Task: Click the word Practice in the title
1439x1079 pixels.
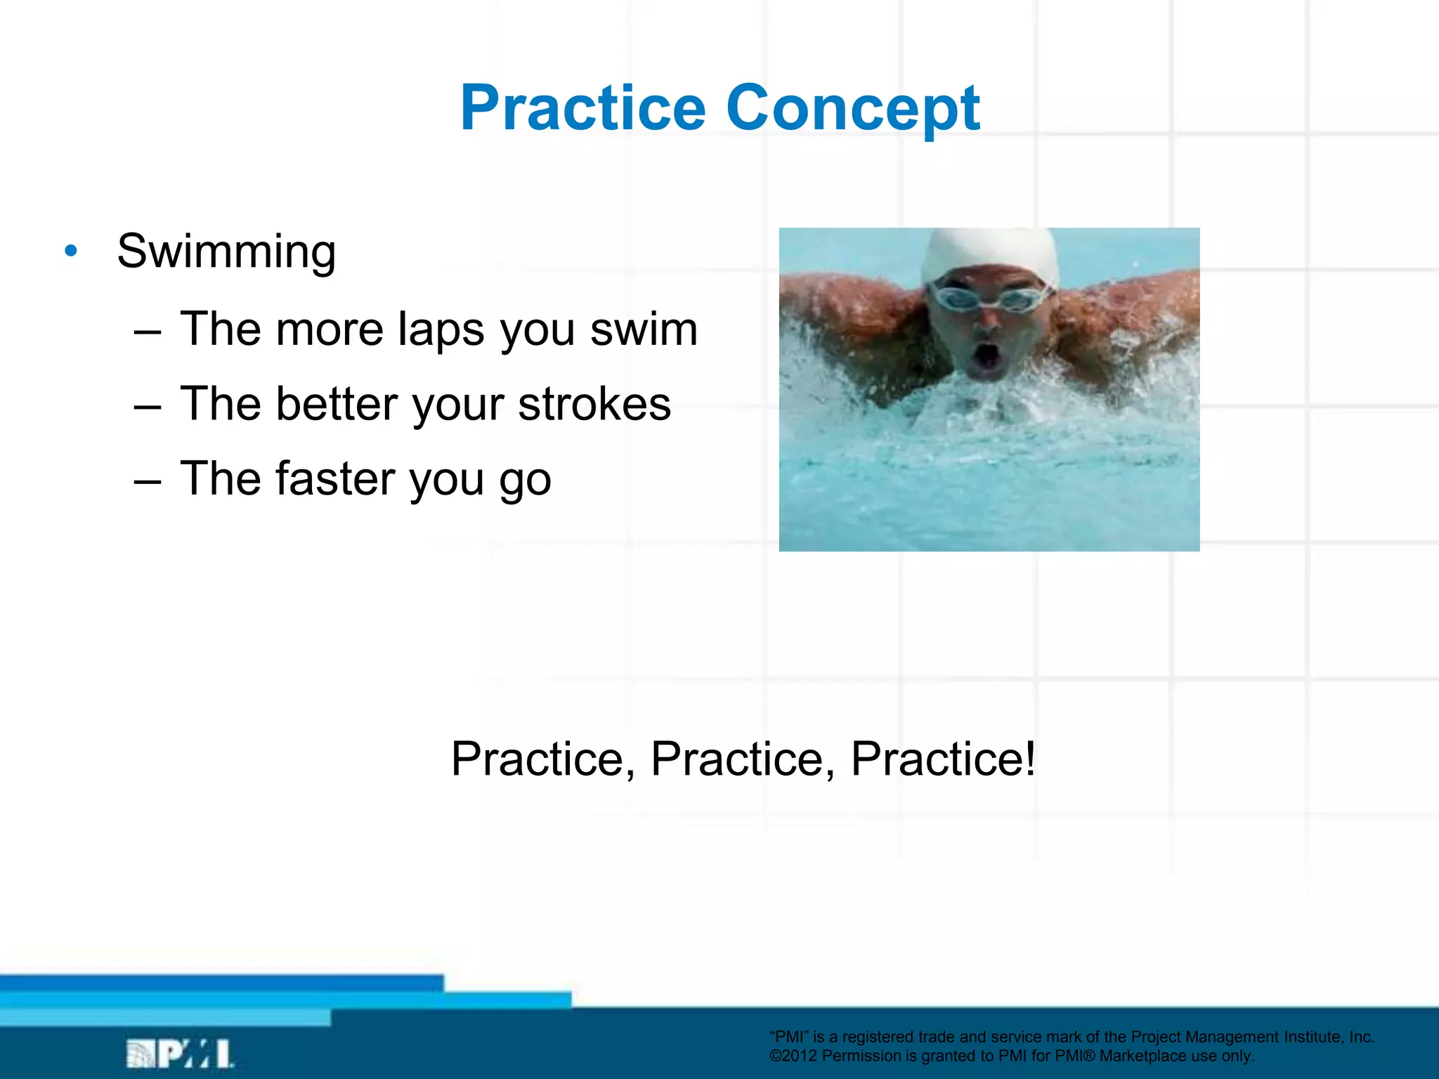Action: coord(582,108)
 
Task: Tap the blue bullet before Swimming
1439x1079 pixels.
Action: coord(71,251)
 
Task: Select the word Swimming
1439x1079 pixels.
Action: coord(226,252)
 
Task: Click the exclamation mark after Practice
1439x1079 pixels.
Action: coord(1029,758)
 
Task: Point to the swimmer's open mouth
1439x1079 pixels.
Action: coord(987,355)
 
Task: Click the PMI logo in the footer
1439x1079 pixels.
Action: coord(180,1054)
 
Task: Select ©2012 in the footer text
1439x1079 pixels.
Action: coord(793,1056)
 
